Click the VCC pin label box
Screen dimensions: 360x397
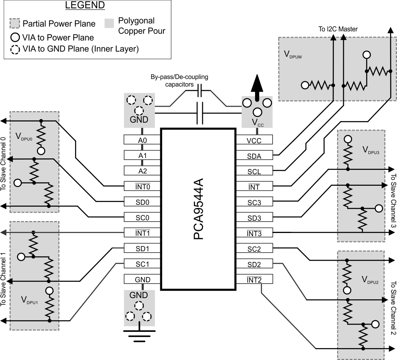point(254,140)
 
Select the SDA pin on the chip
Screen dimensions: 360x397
point(254,156)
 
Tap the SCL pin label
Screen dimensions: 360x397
point(254,171)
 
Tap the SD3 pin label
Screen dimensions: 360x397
point(254,218)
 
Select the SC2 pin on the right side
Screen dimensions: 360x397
point(254,248)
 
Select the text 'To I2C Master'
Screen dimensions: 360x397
point(338,29)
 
